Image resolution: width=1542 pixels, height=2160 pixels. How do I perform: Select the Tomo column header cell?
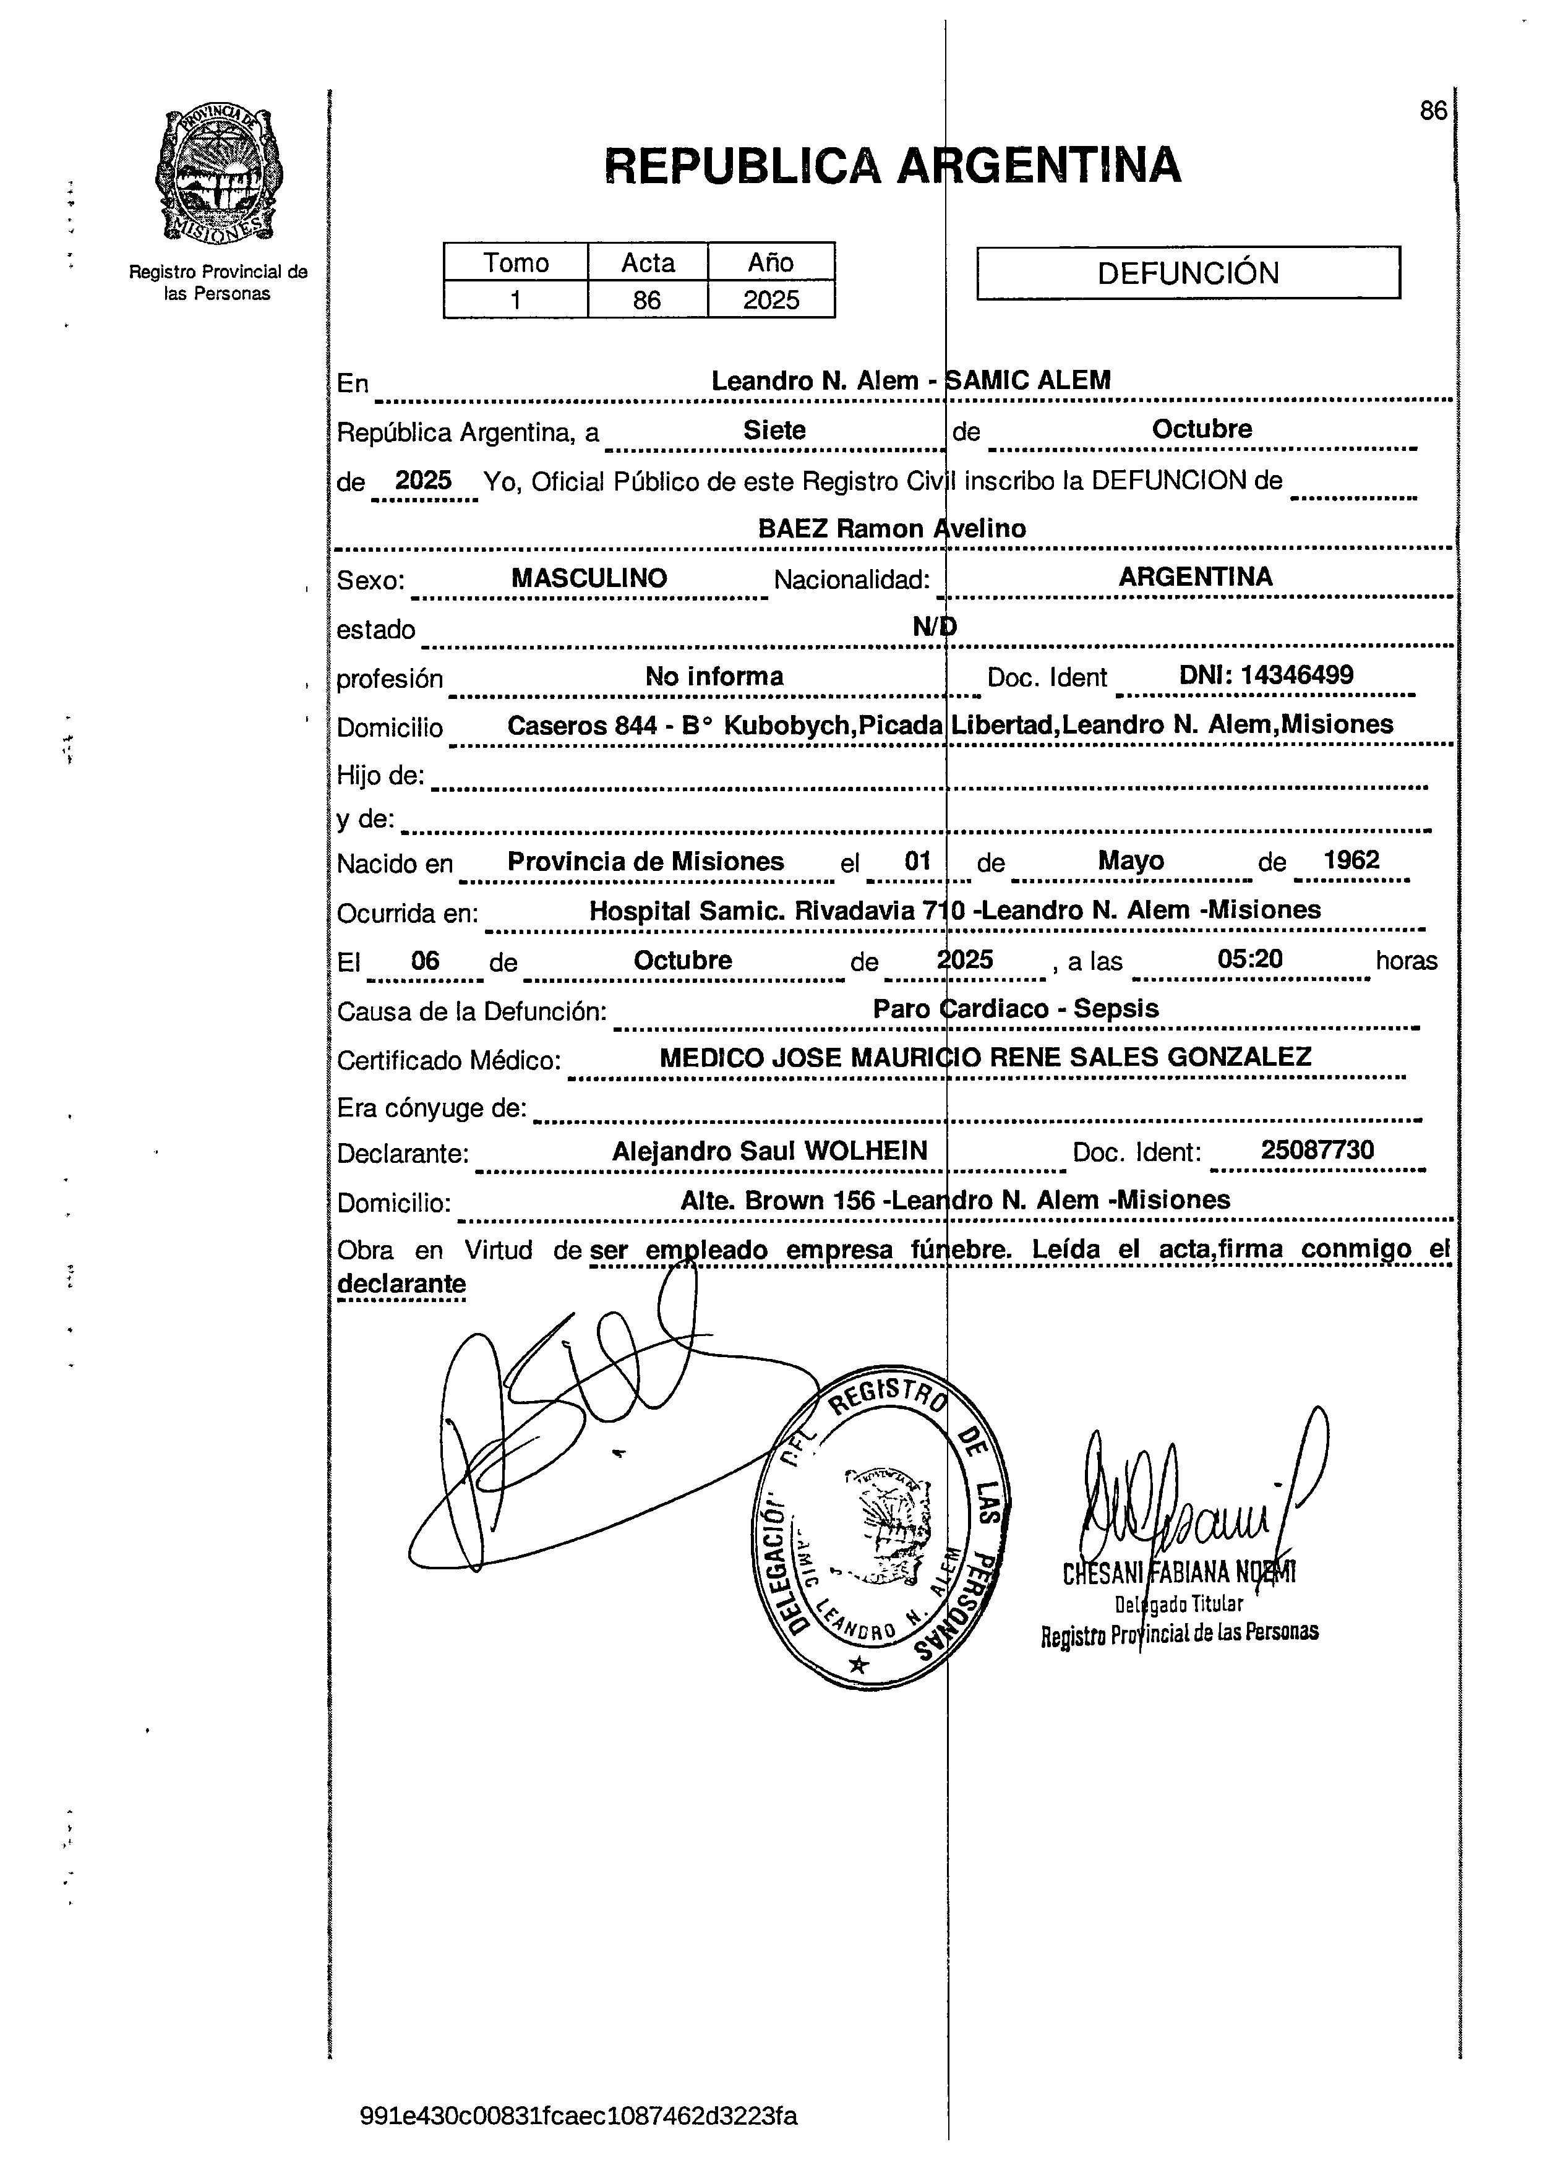point(516,262)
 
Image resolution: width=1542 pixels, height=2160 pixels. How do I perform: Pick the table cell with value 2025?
point(771,300)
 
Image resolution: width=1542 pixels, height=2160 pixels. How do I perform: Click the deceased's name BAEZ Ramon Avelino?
point(891,529)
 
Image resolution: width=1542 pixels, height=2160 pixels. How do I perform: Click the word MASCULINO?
point(589,578)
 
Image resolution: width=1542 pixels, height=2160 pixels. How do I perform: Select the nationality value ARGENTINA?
point(1196,576)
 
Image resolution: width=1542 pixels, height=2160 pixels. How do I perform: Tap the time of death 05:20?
point(1249,959)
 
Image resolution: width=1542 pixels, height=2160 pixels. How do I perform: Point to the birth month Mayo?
point(1131,861)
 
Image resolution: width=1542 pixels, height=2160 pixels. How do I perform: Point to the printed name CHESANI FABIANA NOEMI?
point(1178,1573)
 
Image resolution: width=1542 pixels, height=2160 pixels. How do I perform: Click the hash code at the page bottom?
point(579,2115)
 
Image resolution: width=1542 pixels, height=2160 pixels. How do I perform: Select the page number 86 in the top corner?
point(1433,111)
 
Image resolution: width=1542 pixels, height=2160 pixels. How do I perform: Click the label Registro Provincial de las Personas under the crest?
point(218,283)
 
